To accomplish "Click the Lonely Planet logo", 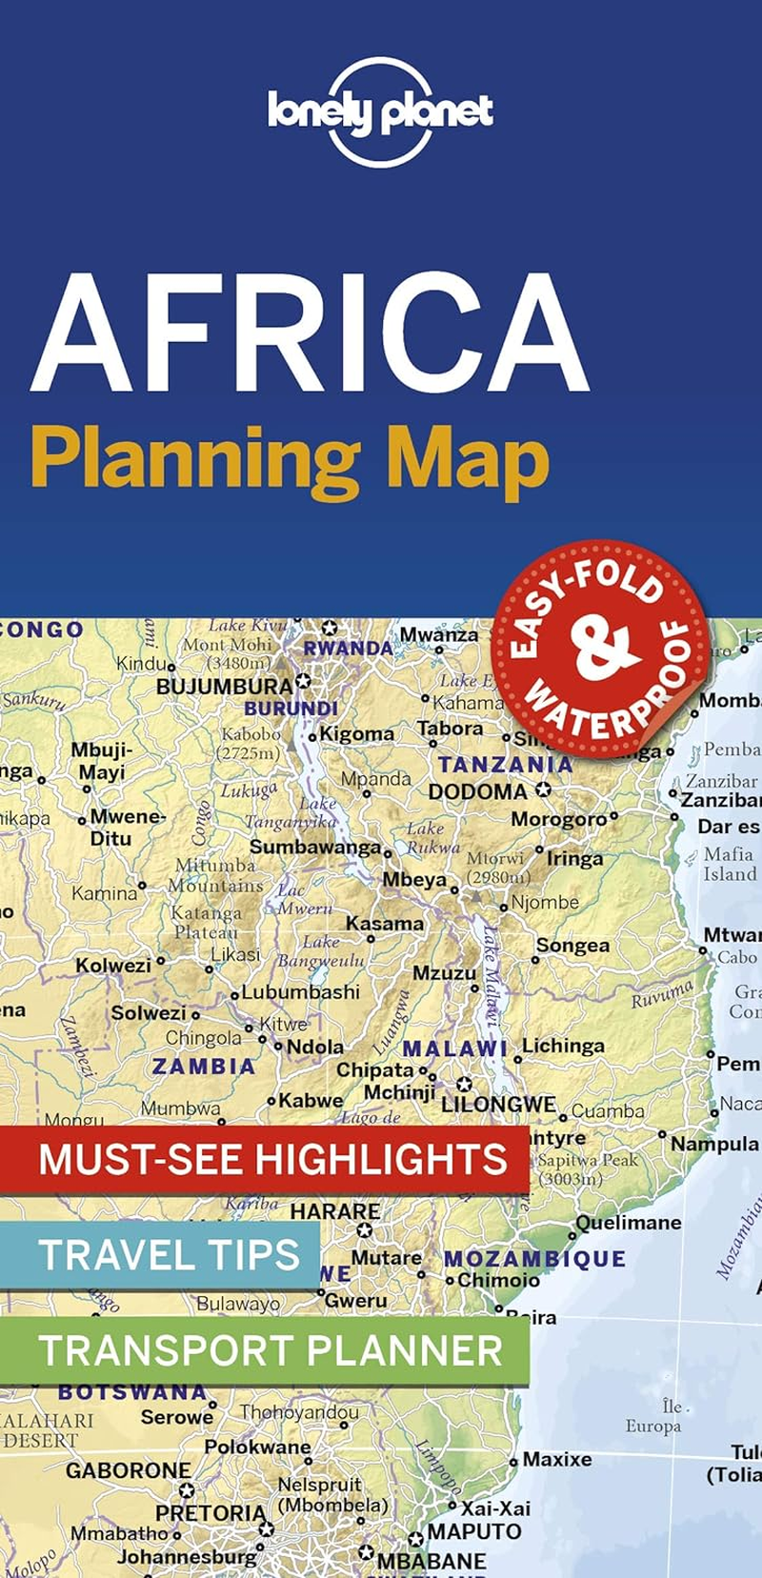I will [x=380, y=112].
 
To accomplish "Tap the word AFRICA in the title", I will [x=310, y=333].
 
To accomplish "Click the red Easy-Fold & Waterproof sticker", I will [x=601, y=649].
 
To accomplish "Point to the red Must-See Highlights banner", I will [x=271, y=1160].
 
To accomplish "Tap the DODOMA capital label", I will [x=477, y=792].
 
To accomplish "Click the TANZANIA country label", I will [x=505, y=764].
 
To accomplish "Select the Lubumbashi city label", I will [x=300, y=992].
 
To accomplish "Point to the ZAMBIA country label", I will [x=203, y=1067].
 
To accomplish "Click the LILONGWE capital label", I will [x=497, y=1104].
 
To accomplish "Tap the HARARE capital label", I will [x=334, y=1211].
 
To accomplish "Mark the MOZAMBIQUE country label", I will [x=534, y=1259].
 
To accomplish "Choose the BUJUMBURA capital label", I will [x=225, y=686].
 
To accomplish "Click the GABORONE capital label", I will [x=128, y=1470].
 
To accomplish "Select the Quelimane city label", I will [x=628, y=1222].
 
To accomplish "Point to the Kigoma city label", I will [x=356, y=734].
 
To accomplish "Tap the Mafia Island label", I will [x=729, y=864].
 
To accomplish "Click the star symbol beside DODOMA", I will [x=543, y=790].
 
